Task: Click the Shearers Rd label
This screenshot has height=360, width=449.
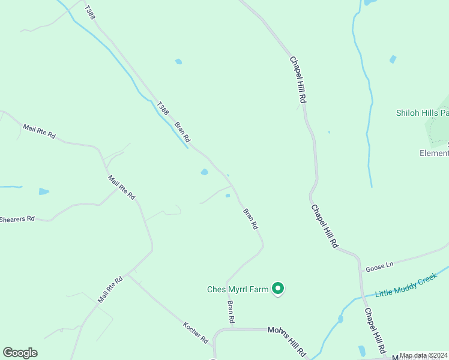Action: coord(17,219)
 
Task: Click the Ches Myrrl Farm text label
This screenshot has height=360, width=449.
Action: coord(238,290)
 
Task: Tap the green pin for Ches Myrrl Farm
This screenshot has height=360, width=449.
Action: coord(278,289)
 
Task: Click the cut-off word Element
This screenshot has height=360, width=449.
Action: coord(433,153)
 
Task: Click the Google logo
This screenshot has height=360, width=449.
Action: coord(20,353)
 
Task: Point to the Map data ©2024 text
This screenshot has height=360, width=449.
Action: coord(424,355)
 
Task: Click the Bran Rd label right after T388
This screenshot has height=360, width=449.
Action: coord(182,132)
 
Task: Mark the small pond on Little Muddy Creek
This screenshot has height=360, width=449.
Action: coord(340,319)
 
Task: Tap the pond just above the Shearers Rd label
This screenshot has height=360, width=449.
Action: coord(43,191)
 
